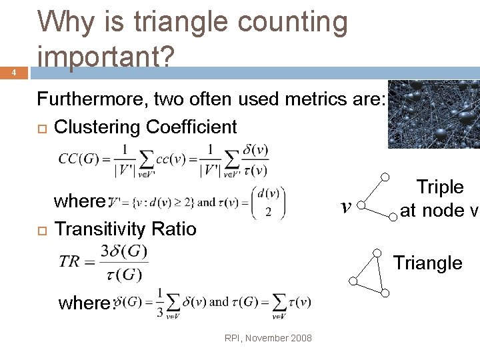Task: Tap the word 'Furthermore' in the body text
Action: [92, 100]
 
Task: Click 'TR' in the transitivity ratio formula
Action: [69, 260]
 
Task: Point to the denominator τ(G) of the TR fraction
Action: [126, 274]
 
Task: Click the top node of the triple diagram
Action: [385, 177]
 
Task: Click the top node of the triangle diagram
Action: [377, 253]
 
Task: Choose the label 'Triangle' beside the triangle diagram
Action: [427, 263]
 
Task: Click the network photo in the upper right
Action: [433, 113]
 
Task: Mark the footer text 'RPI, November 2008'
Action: [268, 338]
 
